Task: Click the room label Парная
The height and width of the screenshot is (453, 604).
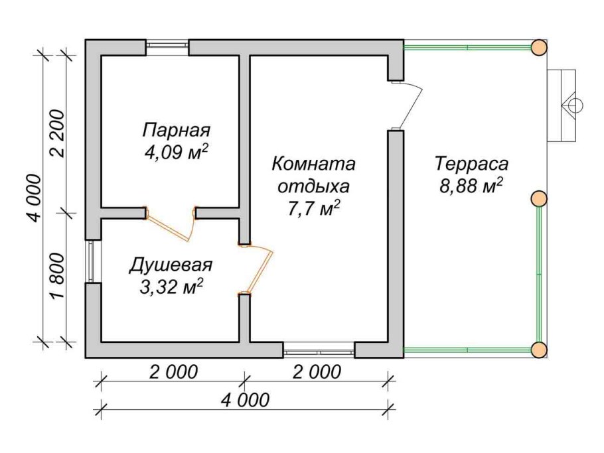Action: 176,129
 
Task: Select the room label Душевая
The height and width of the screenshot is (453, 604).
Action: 170,265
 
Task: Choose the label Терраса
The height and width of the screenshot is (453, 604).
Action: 471,162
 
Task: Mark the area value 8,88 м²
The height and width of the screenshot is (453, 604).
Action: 471,186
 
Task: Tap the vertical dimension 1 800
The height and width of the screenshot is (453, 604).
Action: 58,277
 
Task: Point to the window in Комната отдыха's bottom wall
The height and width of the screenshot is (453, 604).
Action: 319,346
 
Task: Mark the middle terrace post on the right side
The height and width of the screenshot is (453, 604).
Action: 538,198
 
